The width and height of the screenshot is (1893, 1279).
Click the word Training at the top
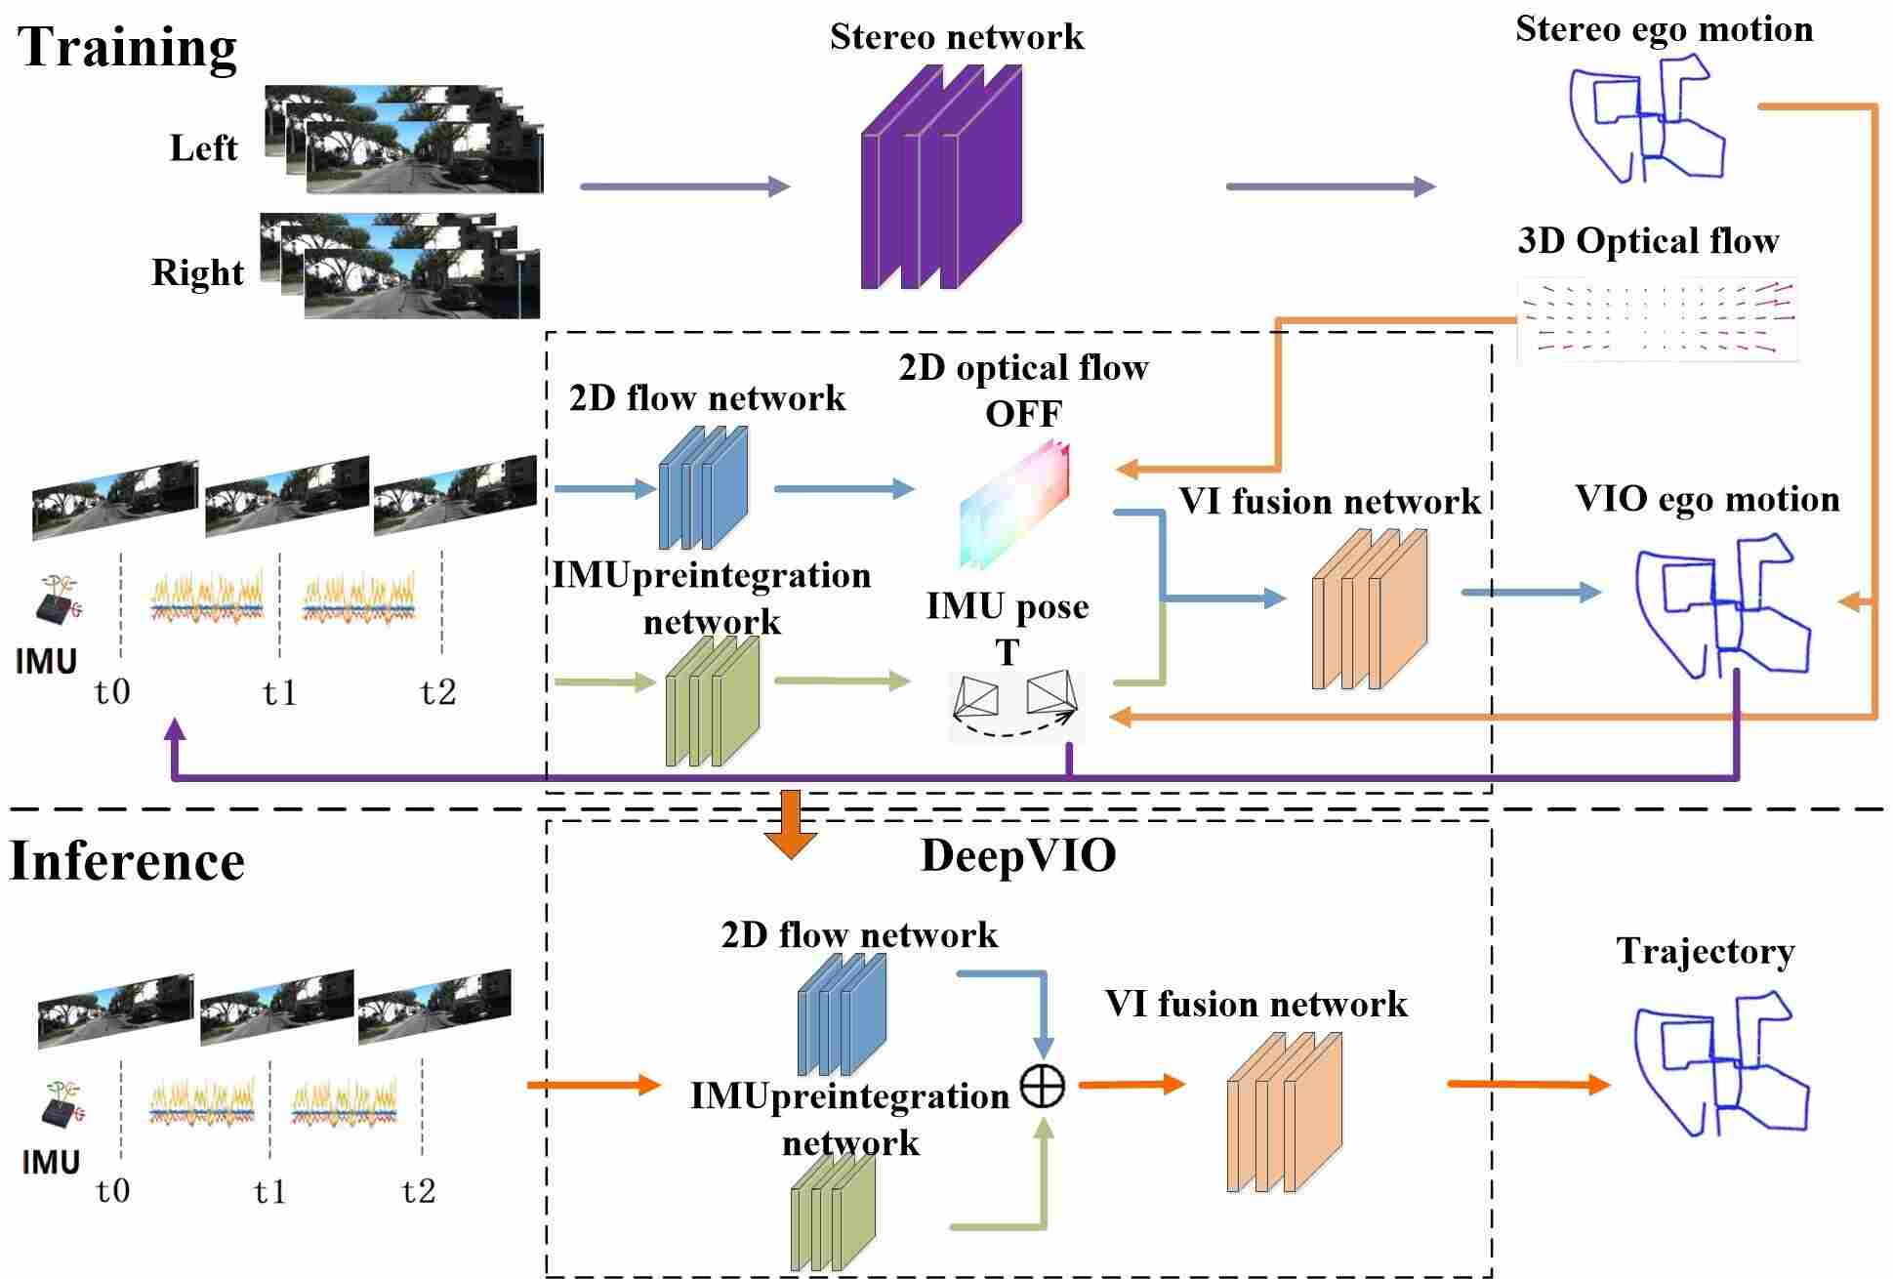pyautogui.click(x=127, y=47)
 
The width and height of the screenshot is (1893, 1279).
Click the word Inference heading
pyautogui.click(x=127, y=861)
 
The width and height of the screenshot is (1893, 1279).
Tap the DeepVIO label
pyautogui.click(x=1017, y=856)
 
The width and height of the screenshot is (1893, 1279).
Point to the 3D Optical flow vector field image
pyautogui.click(x=1657, y=319)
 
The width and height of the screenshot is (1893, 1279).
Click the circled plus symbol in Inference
pyautogui.click(x=1042, y=1085)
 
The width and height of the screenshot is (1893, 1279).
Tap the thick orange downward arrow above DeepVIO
pyautogui.click(x=790, y=822)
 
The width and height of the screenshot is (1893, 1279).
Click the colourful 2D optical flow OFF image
pyautogui.click(x=1014, y=504)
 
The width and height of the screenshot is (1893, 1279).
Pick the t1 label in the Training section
pyautogui.click(x=279, y=692)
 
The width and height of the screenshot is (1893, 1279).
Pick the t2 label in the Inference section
pyautogui.click(x=419, y=1190)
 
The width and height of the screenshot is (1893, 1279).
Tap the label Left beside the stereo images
pyautogui.click(x=203, y=147)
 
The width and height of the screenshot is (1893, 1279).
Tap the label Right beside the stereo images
pyautogui.click(x=197, y=272)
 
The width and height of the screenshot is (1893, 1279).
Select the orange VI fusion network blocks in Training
pyautogui.click(x=1369, y=609)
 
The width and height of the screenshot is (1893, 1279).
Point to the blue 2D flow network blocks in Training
pyautogui.click(x=703, y=487)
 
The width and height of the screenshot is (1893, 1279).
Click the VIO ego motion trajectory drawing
pyautogui.click(x=1721, y=605)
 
